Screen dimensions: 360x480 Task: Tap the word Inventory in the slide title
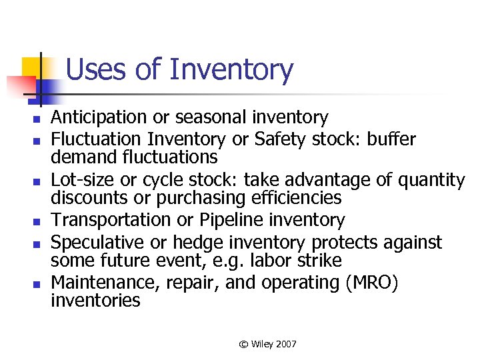pos(231,70)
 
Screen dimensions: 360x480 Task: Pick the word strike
pos(317,259)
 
